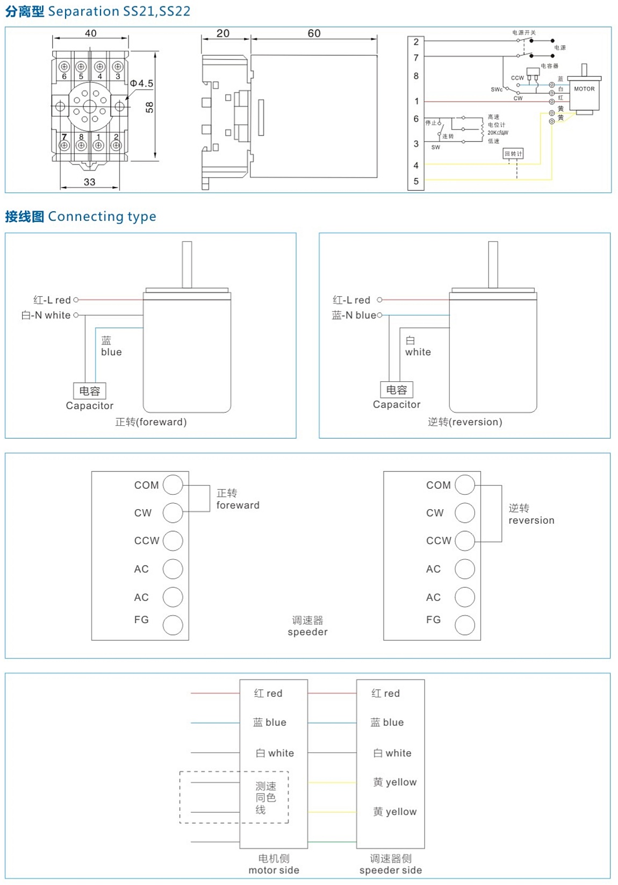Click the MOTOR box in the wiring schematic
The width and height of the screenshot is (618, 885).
[584, 89]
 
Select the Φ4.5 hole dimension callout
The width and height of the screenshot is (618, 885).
[141, 83]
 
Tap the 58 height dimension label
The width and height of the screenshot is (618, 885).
[150, 108]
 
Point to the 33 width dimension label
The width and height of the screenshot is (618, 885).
[90, 182]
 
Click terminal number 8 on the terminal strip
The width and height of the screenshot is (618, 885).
[416, 76]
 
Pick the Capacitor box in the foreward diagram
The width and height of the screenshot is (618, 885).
[90, 391]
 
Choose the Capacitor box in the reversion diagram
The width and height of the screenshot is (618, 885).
[397, 390]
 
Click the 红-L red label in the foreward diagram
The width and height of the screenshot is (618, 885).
[52, 300]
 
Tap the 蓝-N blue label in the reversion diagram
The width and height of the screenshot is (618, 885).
[354, 315]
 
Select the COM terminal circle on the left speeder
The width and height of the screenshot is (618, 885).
[173, 484]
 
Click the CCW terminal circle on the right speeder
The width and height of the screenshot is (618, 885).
[465, 540]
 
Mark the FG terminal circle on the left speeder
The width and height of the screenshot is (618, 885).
[173, 625]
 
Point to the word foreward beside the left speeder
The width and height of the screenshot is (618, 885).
[238, 505]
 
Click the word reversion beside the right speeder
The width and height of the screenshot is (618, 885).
[531, 520]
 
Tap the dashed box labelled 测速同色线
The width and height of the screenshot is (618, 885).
[234, 797]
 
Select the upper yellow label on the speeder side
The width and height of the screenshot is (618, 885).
[395, 782]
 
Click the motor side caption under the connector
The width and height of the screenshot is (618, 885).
[274, 870]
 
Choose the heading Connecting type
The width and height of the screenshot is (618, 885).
[102, 216]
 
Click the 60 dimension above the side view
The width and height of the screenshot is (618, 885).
[314, 33]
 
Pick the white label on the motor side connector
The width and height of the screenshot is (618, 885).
[275, 753]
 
